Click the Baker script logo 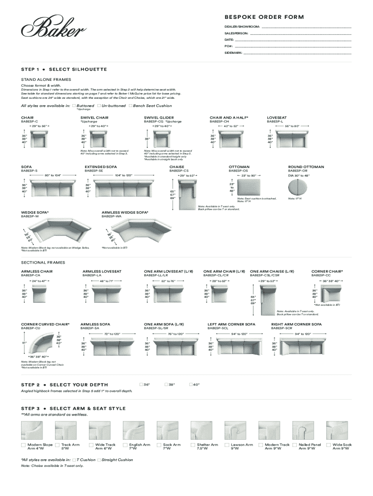point(53,28)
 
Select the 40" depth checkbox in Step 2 point(191,384)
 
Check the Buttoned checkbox point(74,106)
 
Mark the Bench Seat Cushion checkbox point(131,106)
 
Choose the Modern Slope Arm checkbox point(23,445)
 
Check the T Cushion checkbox point(74,460)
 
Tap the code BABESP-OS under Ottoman point(238,171)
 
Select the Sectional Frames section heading point(43,263)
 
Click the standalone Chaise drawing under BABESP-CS point(187,195)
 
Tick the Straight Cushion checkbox point(99,460)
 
